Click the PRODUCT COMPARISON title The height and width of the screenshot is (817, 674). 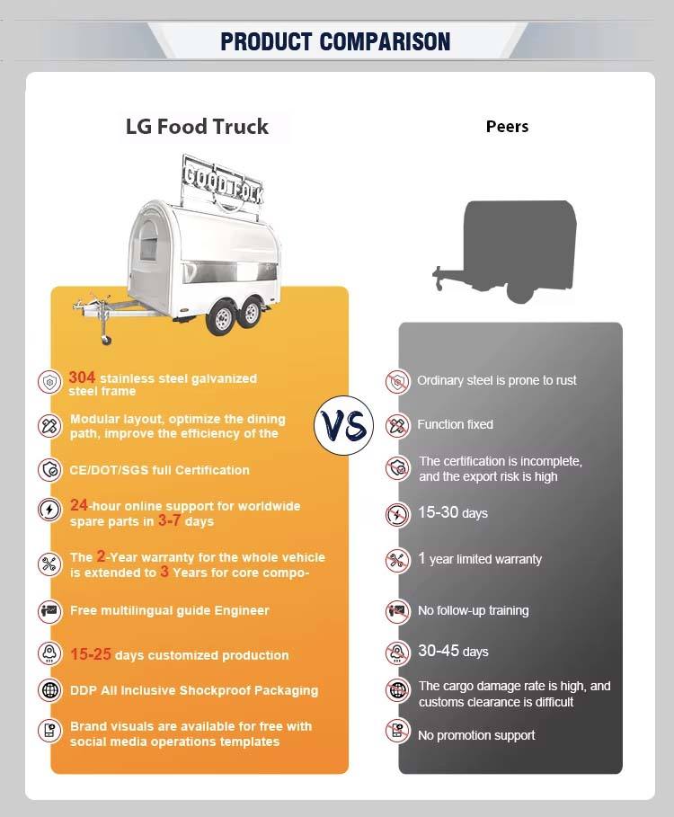click(335, 41)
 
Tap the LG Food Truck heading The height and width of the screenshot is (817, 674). click(197, 126)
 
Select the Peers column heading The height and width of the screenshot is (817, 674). click(507, 127)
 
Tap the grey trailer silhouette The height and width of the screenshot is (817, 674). click(517, 247)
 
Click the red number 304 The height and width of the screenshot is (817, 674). click(83, 377)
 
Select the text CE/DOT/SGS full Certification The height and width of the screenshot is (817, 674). click(160, 470)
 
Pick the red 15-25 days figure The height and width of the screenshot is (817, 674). click(91, 654)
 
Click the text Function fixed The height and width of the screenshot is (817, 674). click(455, 424)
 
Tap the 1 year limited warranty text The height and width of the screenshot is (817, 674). click(480, 559)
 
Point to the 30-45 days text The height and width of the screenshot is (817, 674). click(453, 651)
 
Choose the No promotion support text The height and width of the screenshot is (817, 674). click(476, 735)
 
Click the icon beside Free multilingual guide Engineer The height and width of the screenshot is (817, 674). click(49, 611)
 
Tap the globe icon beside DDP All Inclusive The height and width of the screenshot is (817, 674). click(49, 690)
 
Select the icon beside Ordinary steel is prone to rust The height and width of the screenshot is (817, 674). click(396, 381)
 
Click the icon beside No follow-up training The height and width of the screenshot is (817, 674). click(396, 611)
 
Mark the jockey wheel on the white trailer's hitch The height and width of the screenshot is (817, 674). click(106, 340)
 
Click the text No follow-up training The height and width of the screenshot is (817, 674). click(473, 610)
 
